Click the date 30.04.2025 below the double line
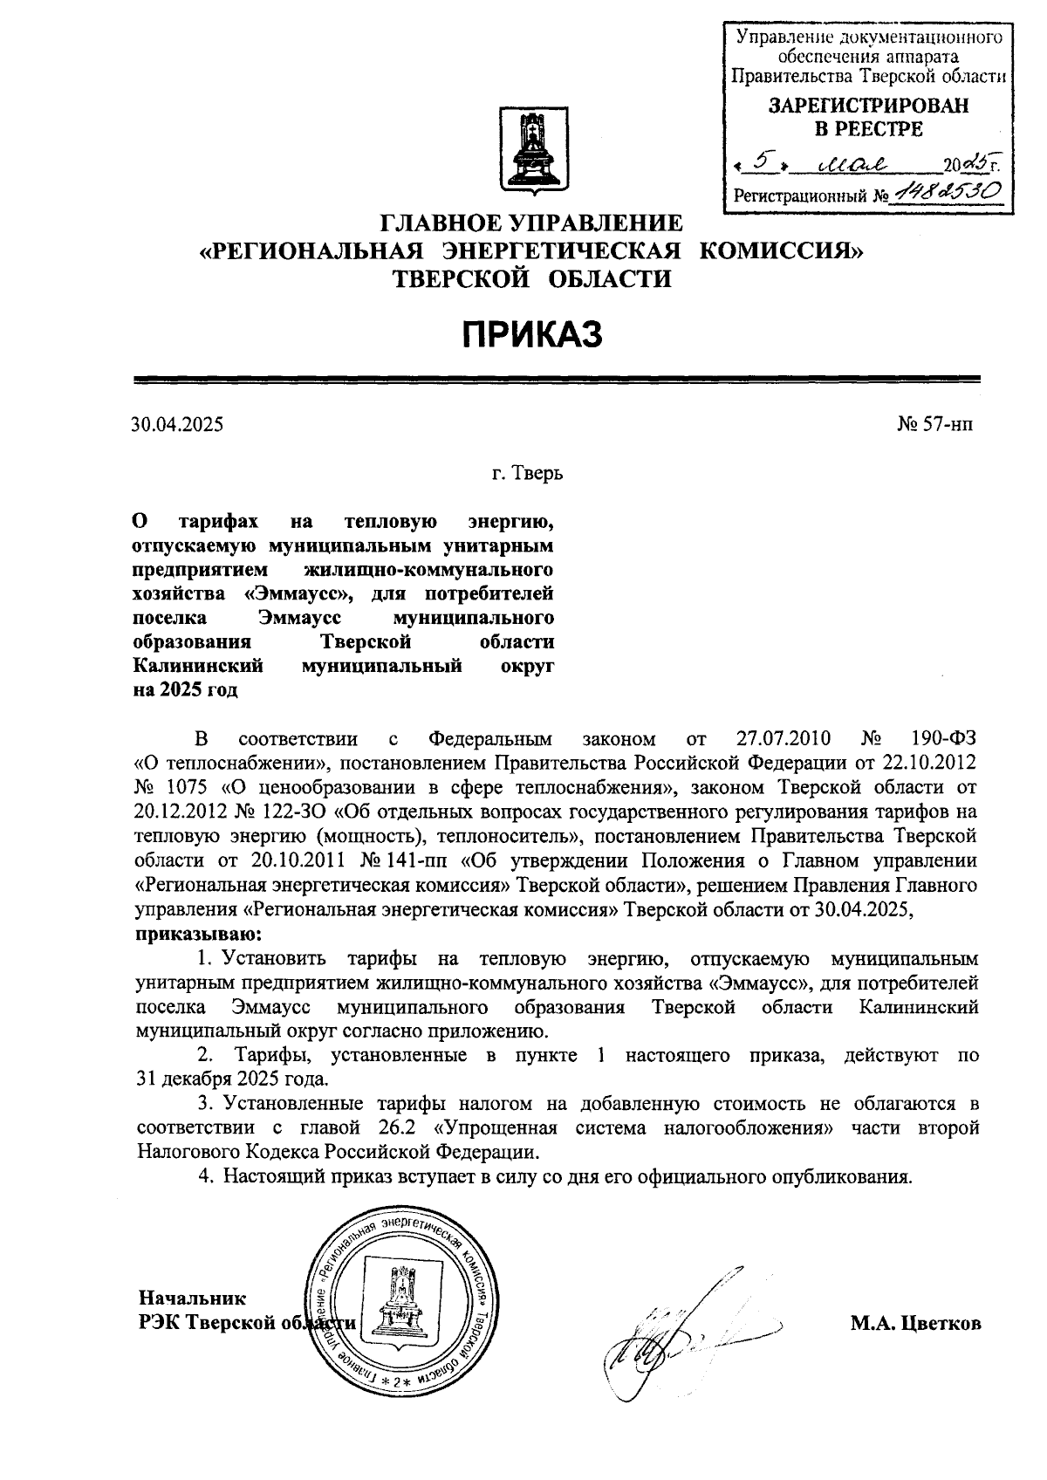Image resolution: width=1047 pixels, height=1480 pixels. [177, 425]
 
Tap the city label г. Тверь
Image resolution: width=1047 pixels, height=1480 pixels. [527, 475]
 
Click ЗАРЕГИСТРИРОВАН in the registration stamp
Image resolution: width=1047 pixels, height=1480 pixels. [867, 106]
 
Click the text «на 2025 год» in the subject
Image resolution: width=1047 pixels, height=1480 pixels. [185, 689]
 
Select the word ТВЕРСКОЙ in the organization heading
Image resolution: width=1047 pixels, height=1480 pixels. [461, 278]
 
